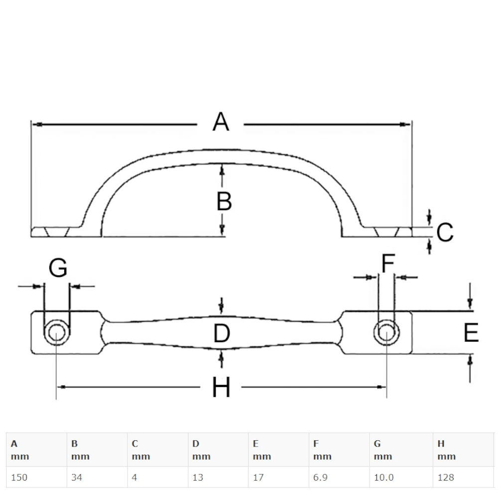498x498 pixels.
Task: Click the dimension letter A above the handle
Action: (x=221, y=122)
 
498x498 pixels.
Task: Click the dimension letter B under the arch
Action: (x=224, y=202)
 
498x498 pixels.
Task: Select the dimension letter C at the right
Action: (x=445, y=233)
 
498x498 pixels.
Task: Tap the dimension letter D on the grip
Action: (x=221, y=334)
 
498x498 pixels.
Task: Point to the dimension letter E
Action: (x=471, y=333)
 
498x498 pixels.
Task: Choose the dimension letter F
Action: (x=387, y=263)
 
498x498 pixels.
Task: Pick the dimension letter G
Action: (x=58, y=269)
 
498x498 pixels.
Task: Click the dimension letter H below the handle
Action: (x=221, y=387)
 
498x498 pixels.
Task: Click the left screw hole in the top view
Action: (x=56, y=332)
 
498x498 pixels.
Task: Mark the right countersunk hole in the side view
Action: (x=387, y=232)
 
